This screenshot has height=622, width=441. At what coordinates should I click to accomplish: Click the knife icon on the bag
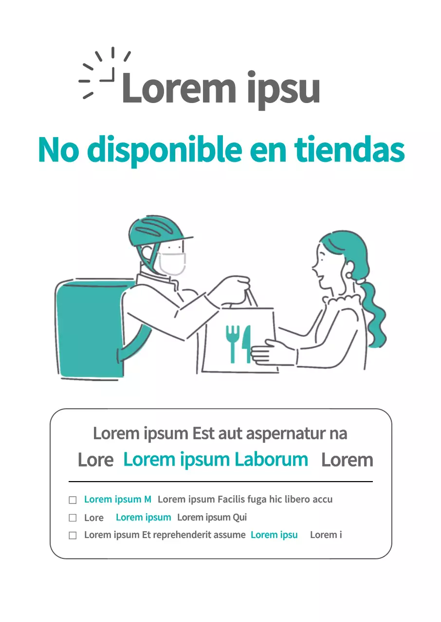click(x=247, y=343)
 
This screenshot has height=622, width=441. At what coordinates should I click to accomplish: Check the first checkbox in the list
click(x=73, y=500)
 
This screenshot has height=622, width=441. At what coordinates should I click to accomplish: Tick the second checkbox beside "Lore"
click(x=73, y=518)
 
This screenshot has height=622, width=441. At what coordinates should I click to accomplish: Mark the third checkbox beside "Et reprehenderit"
click(x=73, y=536)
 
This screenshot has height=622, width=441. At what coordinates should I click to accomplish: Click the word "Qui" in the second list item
click(x=239, y=518)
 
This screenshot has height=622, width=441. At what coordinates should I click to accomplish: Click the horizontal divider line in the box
click(x=220, y=482)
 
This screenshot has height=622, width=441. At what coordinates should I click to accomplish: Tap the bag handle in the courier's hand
click(x=250, y=296)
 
